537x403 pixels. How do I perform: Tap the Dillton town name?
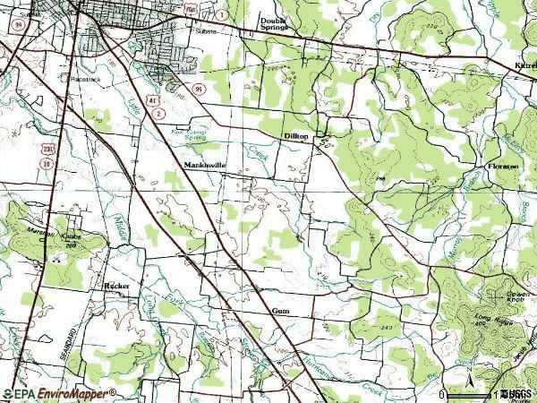(x=296, y=135)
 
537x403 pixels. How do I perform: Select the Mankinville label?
(x=205, y=165)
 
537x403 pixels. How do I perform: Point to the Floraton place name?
(x=503, y=167)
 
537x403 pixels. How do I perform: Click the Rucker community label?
(x=117, y=286)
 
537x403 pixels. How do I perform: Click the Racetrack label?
(x=77, y=77)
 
